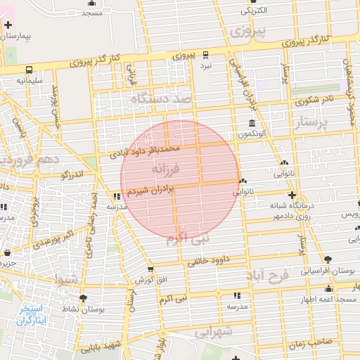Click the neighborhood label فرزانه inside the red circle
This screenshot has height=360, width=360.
click(x=165, y=169)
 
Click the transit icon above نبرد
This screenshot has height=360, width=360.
click(x=205, y=54)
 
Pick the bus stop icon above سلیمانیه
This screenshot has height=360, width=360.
click(x=30, y=70)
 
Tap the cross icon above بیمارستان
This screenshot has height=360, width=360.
click(x=8, y=25)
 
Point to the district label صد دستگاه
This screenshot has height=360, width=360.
click(x=162, y=101)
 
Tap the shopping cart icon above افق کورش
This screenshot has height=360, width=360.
click(x=150, y=269)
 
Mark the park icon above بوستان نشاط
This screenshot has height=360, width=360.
click(x=83, y=298)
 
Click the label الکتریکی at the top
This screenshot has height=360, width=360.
click(x=254, y=11)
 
